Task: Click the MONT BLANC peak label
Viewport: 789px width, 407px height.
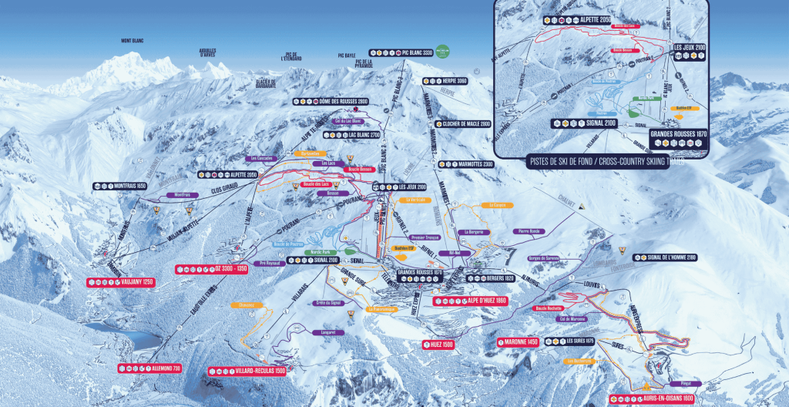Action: [133, 41]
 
